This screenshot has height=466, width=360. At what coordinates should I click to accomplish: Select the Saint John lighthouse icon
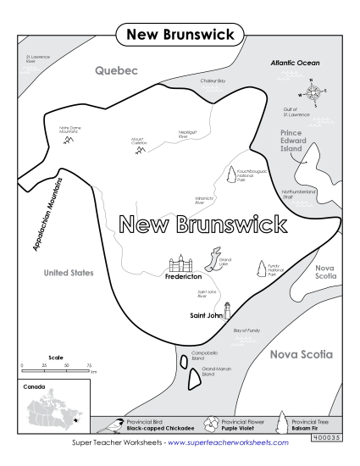click(227, 309)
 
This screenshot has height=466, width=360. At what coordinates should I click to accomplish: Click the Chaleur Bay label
click(213, 80)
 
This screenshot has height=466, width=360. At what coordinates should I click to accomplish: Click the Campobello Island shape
click(183, 362)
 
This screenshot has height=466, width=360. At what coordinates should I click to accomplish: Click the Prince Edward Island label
click(297, 140)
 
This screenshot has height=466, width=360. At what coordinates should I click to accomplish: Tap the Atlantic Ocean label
click(295, 63)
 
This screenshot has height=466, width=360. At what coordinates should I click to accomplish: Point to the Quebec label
click(116, 71)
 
